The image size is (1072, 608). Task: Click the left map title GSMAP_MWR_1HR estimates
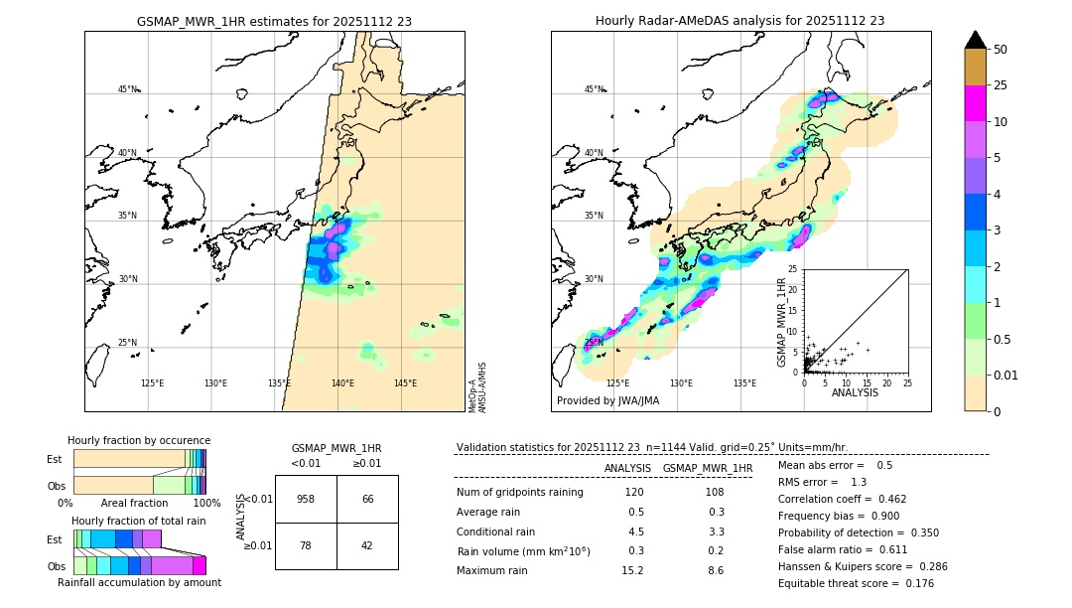[x=274, y=21]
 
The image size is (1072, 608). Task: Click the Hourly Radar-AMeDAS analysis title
[x=739, y=21]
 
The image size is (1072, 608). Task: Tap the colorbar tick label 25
[x=1001, y=85]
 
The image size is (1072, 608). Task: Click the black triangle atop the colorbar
[x=976, y=40]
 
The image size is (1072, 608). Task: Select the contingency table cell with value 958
[x=306, y=499]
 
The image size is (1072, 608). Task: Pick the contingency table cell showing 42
[x=367, y=545]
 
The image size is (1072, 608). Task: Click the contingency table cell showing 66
[x=367, y=499]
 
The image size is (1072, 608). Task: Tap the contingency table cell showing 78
[x=306, y=545]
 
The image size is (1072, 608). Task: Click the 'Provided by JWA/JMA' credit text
[x=607, y=400]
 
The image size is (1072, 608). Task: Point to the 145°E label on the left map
[x=405, y=383]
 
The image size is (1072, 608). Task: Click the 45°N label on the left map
[x=127, y=89]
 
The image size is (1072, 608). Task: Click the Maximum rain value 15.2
[x=632, y=570]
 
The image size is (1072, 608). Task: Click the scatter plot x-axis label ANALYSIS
[x=855, y=393]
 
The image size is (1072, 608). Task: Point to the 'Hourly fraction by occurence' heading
[x=139, y=440]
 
